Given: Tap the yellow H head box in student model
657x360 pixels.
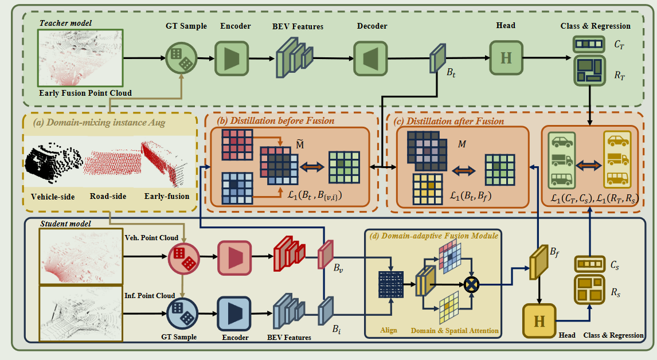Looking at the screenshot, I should [539, 321].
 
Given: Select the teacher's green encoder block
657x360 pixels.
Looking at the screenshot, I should [231, 58].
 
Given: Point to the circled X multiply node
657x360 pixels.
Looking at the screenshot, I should [473, 283].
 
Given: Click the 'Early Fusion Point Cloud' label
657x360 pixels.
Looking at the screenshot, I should [85, 93].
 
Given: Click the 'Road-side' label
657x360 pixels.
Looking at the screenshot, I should [108, 197].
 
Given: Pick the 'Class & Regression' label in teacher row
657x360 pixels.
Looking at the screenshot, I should [595, 26].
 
